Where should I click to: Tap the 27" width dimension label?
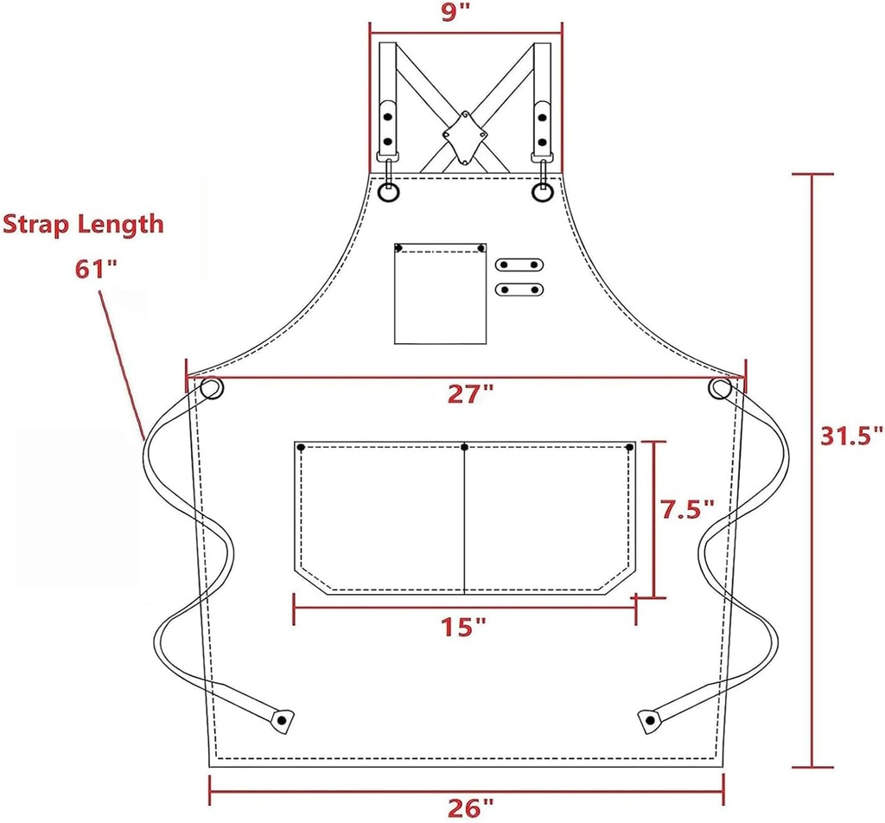[470, 394]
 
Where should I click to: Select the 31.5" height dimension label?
[851, 435]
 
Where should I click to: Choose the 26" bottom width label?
[471, 807]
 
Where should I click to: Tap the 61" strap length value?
[95, 268]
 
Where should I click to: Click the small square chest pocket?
[440, 293]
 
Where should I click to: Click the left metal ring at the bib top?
[389, 192]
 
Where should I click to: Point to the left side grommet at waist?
[210, 389]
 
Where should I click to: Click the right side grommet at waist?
[720, 390]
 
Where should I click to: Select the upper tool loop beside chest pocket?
[519, 265]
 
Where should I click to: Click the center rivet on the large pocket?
[465, 447]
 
